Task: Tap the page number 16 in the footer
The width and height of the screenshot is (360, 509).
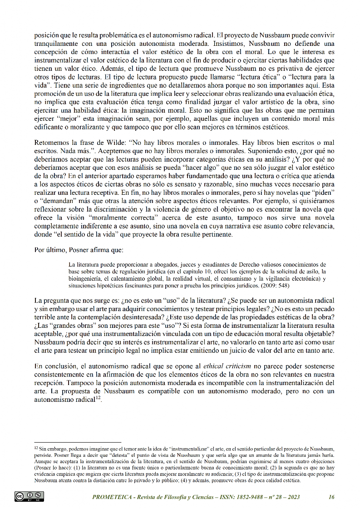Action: tap(331, 497)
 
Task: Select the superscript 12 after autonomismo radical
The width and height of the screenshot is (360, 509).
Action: tap(98, 398)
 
